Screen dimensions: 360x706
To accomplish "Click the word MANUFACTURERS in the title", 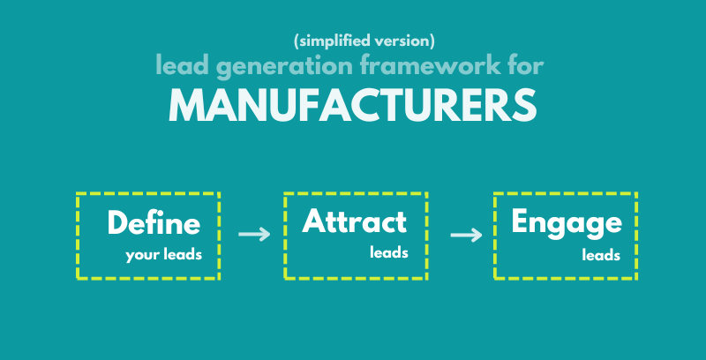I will pos(352,105).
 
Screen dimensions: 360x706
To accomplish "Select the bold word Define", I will pos(154,223).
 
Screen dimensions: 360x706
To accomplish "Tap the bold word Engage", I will pos(566,223).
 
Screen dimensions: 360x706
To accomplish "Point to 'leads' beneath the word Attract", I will pos(388,252).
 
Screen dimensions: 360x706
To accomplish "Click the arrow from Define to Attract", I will pos(254,235).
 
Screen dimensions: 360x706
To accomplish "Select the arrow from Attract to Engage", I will pos(466,235).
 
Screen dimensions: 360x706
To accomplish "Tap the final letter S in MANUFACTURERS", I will pos(524,105).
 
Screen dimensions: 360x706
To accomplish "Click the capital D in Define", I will pos(117,223).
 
